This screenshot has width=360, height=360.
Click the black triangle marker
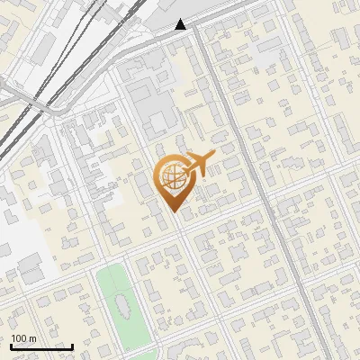[x=181, y=24]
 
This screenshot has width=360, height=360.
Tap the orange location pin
[x=173, y=181]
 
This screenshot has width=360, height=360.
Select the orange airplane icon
[x=200, y=164]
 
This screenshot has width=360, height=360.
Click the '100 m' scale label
[x=23, y=338]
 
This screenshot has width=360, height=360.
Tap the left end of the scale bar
[x=11, y=346]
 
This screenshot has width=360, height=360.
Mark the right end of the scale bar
[x=72, y=346]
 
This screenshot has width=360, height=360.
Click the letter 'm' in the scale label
[x=32, y=338]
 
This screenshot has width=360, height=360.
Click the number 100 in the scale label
[x=19, y=338]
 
